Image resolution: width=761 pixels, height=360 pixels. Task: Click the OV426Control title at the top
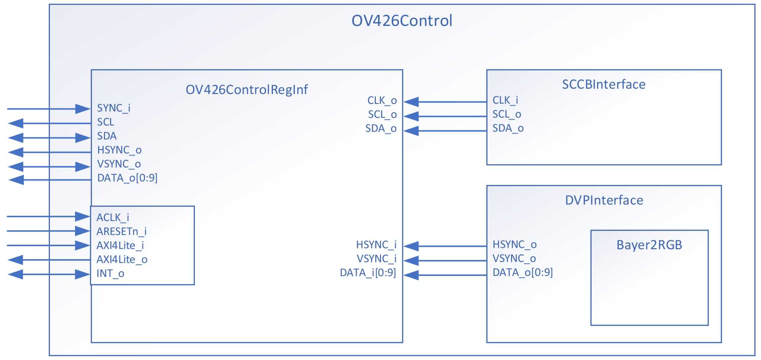402,21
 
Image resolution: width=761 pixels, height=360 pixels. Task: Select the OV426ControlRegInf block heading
247,89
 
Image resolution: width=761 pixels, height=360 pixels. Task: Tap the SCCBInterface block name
604,84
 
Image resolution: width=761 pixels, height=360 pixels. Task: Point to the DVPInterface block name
604,200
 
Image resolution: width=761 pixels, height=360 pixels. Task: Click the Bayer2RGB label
649,245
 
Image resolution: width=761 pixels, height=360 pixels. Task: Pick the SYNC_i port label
114,108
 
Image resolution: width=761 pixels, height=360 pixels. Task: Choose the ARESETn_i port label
121,231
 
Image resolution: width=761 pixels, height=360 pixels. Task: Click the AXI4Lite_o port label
122,260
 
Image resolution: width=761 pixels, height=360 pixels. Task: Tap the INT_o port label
110,274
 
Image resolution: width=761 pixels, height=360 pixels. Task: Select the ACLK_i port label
113,217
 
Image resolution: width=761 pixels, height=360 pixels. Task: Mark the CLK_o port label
382,100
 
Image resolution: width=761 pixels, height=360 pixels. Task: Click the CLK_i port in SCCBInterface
505,100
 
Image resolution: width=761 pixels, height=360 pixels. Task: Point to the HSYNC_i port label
376,245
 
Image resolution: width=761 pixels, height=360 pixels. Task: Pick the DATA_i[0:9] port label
368,273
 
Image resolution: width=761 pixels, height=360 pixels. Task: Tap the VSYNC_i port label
377,259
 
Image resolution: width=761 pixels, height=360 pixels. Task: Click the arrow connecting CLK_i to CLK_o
445,102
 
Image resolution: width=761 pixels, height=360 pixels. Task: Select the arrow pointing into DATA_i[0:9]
445,275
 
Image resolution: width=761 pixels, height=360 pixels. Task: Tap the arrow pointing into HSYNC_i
445,246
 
